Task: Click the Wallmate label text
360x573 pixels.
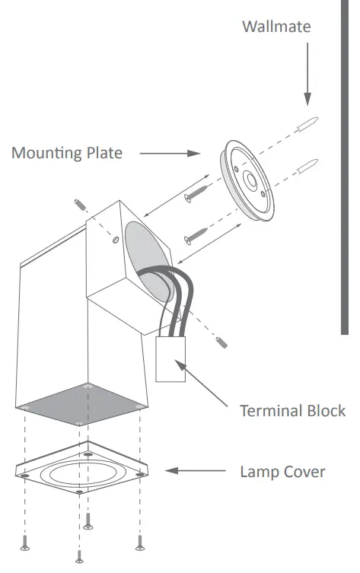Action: pyautogui.click(x=276, y=27)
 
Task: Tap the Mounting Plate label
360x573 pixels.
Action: pyautogui.click(x=67, y=153)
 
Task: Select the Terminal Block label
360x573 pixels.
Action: pyautogui.click(x=292, y=411)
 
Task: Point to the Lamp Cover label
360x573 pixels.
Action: pyautogui.click(x=282, y=472)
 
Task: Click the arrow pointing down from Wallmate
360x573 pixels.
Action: pyautogui.click(x=307, y=76)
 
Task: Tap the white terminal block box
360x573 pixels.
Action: pyautogui.click(x=171, y=358)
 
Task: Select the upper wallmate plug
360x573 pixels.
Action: pyautogui.click(x=308, y=124)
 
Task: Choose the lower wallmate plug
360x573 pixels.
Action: pyautogui.click(x=308, y=164)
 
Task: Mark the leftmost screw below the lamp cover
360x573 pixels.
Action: pyautogui.click(x=26, y=543)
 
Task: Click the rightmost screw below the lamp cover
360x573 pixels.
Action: pyautogui.click(x=139, y=543)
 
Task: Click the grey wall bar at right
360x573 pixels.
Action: pyautogui.click(x=345, y=167)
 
